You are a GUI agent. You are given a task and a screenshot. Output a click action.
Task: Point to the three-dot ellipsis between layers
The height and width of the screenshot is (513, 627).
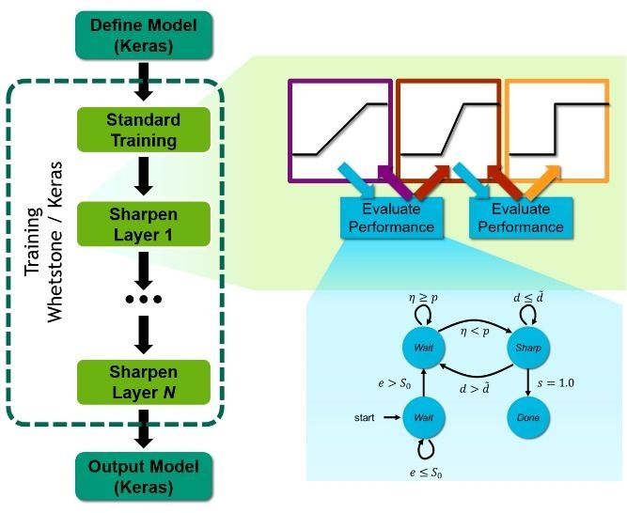tap(143, 299)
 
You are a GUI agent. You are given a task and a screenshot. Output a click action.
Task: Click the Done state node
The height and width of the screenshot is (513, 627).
tap(527, 415)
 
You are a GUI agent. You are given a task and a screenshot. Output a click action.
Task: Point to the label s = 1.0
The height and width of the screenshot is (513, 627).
tap(556, 382)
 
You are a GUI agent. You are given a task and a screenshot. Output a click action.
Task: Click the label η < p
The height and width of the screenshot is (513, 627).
tap(475, 330)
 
